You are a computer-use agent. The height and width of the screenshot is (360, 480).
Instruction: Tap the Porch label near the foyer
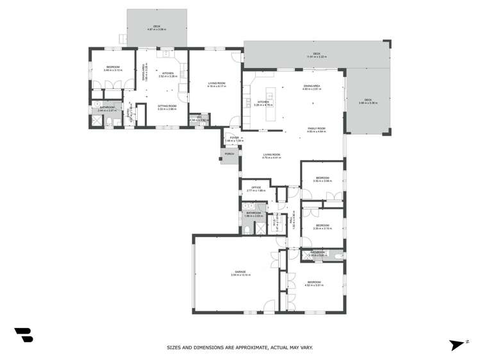[229, 154]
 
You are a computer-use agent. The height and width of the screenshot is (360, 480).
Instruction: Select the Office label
[256, 188]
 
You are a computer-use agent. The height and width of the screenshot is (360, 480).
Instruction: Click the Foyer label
[235, 138]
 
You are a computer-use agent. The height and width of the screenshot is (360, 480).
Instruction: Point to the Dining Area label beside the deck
[312, 88]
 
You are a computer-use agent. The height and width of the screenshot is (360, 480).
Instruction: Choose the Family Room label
[317, 129]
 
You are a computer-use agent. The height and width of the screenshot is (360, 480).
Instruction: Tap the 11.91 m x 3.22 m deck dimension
[317, 55]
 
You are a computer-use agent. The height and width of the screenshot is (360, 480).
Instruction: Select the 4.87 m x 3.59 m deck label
[156, 28]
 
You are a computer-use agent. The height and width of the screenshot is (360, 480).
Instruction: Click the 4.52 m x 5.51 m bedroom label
[313, 283]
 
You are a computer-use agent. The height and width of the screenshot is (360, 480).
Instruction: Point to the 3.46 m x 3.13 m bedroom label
[104, 69]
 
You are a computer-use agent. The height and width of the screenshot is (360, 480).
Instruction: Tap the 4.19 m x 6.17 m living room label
[217, 84]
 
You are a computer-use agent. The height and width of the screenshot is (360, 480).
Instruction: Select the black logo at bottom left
[24, 334]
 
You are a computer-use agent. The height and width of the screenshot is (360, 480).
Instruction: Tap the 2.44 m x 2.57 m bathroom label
[106, 109]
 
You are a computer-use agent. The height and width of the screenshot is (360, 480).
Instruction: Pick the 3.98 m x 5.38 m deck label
[367, 101]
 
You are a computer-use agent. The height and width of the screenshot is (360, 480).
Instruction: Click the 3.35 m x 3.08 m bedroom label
[322, 179]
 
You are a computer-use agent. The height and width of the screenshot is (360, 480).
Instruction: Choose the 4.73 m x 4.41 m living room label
[272, 156]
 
